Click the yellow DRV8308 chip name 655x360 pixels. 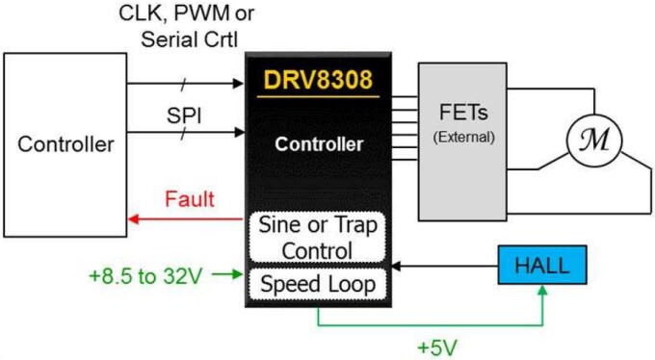pos(317,81)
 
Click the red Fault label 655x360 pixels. pos(189,201)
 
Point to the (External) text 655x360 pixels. pos(463,137)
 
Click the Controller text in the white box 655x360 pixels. pos(66,145)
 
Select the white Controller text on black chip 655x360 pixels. pos(318,146)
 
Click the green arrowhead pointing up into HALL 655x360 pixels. pos(544,293)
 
